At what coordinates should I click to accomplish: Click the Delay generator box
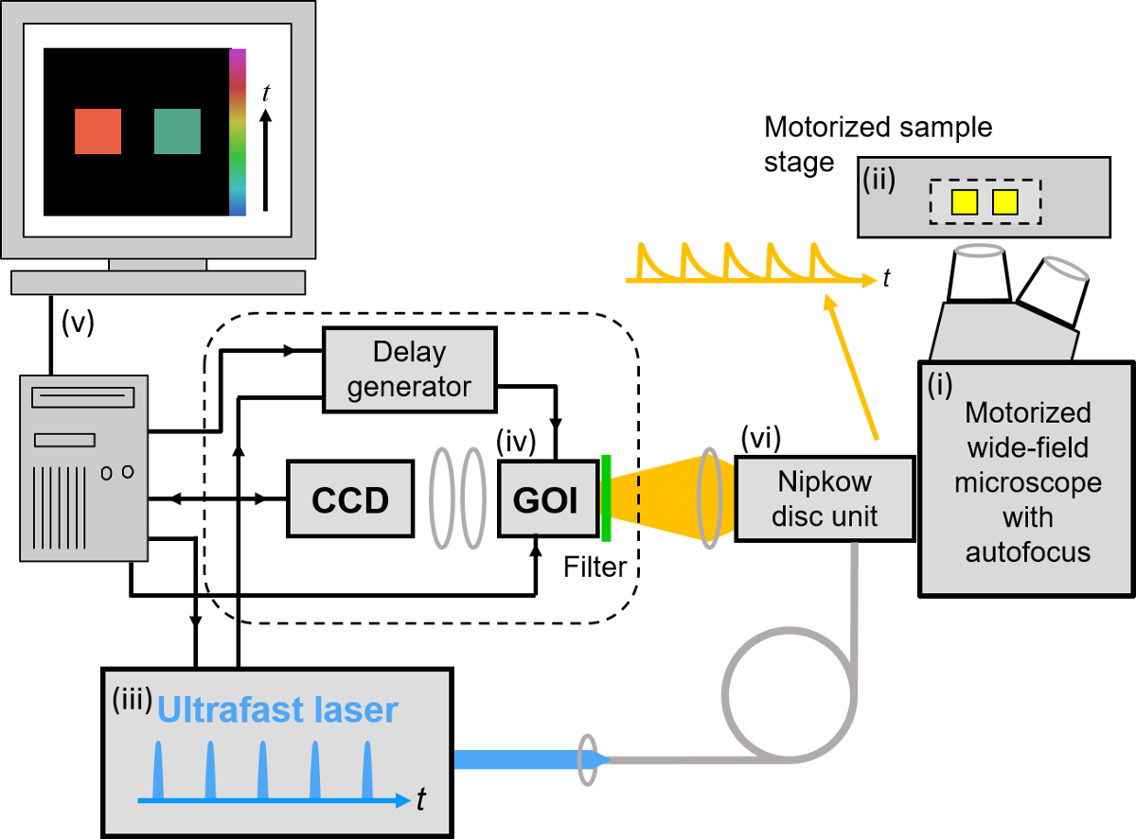(397, 370)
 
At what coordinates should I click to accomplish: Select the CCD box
(350, 499)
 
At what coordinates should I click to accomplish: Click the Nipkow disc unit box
(825, 499)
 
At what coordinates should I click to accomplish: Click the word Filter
(595, 567)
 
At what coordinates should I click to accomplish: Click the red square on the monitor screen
(98, 131)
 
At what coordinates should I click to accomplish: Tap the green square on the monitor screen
(178, 131)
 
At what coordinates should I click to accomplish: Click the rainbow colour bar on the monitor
(238, 132)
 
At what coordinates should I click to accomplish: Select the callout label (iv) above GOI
(518, 440)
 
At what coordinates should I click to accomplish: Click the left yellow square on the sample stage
(965, 201)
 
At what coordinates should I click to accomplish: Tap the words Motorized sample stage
(879, 144)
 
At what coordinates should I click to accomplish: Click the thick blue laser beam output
(516, 759)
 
